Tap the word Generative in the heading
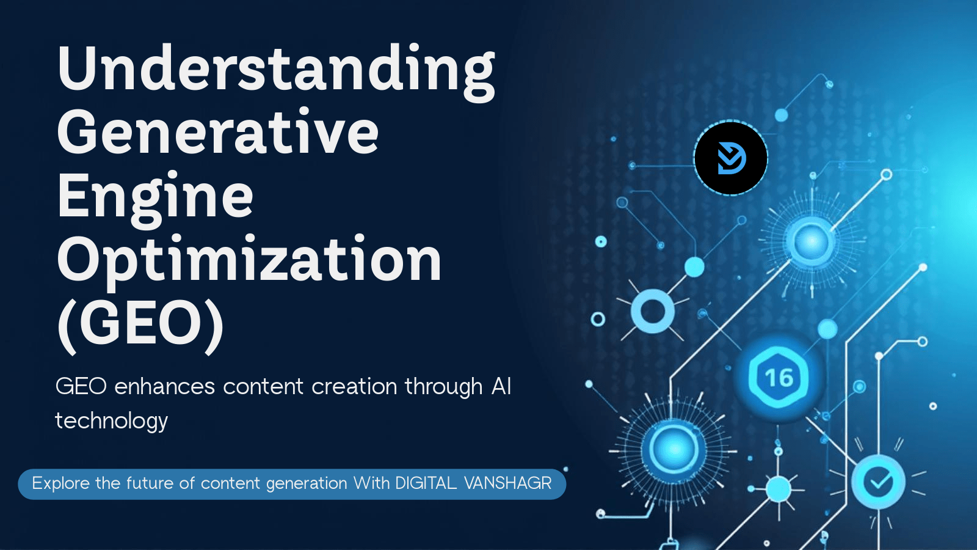(217, 131)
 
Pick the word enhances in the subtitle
(164, 387)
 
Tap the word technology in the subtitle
(111, 421)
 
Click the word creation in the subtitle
(354, 387)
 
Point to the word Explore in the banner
(60, 483)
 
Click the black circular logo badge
(730, 158)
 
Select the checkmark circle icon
(879, 482)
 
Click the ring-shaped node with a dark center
(653, 312)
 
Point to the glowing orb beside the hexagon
(674, 449)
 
